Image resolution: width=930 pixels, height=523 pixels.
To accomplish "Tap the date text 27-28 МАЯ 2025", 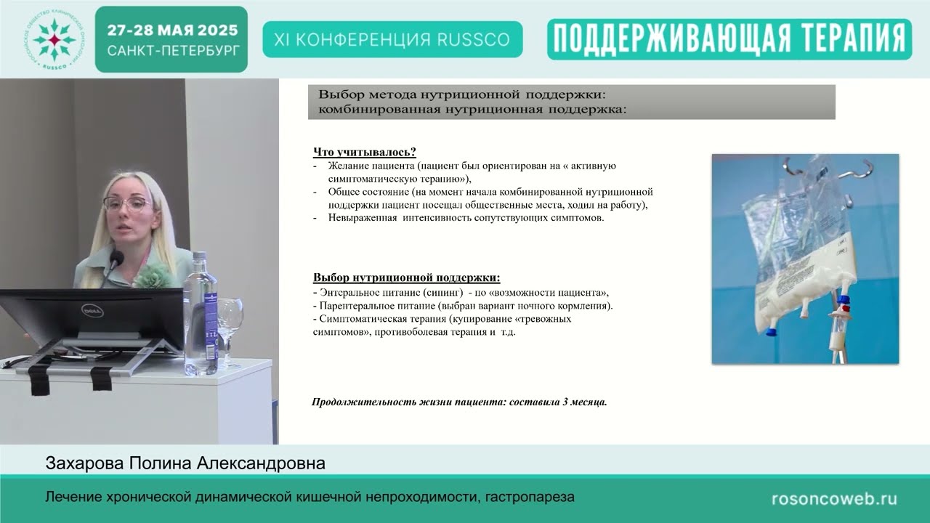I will pyautogui.click(x=172, y=31).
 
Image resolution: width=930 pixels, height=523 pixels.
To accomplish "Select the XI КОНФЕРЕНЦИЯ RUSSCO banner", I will pyautogui.click(x=392, y=39).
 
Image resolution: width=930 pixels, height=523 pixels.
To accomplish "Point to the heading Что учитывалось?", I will pyautogui.click(x=364, y=152).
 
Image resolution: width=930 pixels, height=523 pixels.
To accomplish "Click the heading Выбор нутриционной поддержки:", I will pyautogui.click(x=406, y=277).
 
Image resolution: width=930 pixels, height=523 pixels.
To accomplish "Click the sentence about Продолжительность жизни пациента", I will pyautogui.click(x=459, y=402).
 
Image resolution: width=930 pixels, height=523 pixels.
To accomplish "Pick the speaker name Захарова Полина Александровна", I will pyautogui.click(x=185, y=463).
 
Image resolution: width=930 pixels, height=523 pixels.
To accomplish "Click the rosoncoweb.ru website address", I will pyautogui.click(x=833, y=499).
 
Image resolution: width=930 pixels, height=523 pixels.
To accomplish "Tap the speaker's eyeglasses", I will pyautogui.click(x=128, y=203).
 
